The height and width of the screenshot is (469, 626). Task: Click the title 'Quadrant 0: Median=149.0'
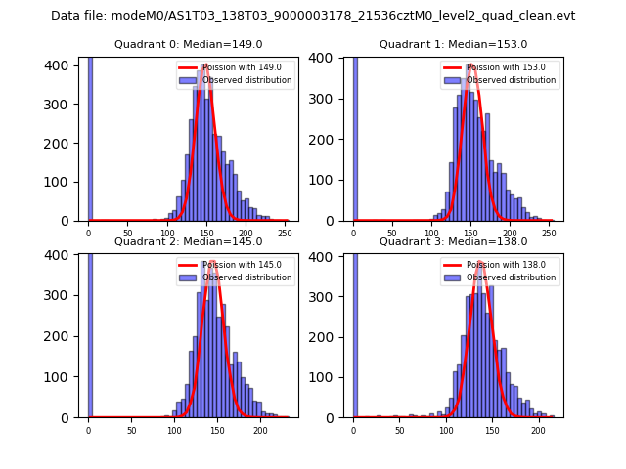point(188,45)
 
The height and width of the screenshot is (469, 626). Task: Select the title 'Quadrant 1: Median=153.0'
point(453,45)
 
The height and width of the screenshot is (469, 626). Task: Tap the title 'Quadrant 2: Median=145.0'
point(188,241)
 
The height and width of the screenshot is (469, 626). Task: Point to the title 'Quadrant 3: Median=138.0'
point(453,241)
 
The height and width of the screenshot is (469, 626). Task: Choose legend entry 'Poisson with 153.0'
point(506,67)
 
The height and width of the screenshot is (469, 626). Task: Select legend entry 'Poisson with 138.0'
point(506,265)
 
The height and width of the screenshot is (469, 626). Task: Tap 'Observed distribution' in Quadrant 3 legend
point(511,277)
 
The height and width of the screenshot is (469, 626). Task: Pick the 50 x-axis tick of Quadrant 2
point(131,431)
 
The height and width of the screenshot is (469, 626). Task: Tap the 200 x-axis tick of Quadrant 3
point(538,431)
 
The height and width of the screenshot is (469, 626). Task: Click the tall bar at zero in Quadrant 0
point(90,137)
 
